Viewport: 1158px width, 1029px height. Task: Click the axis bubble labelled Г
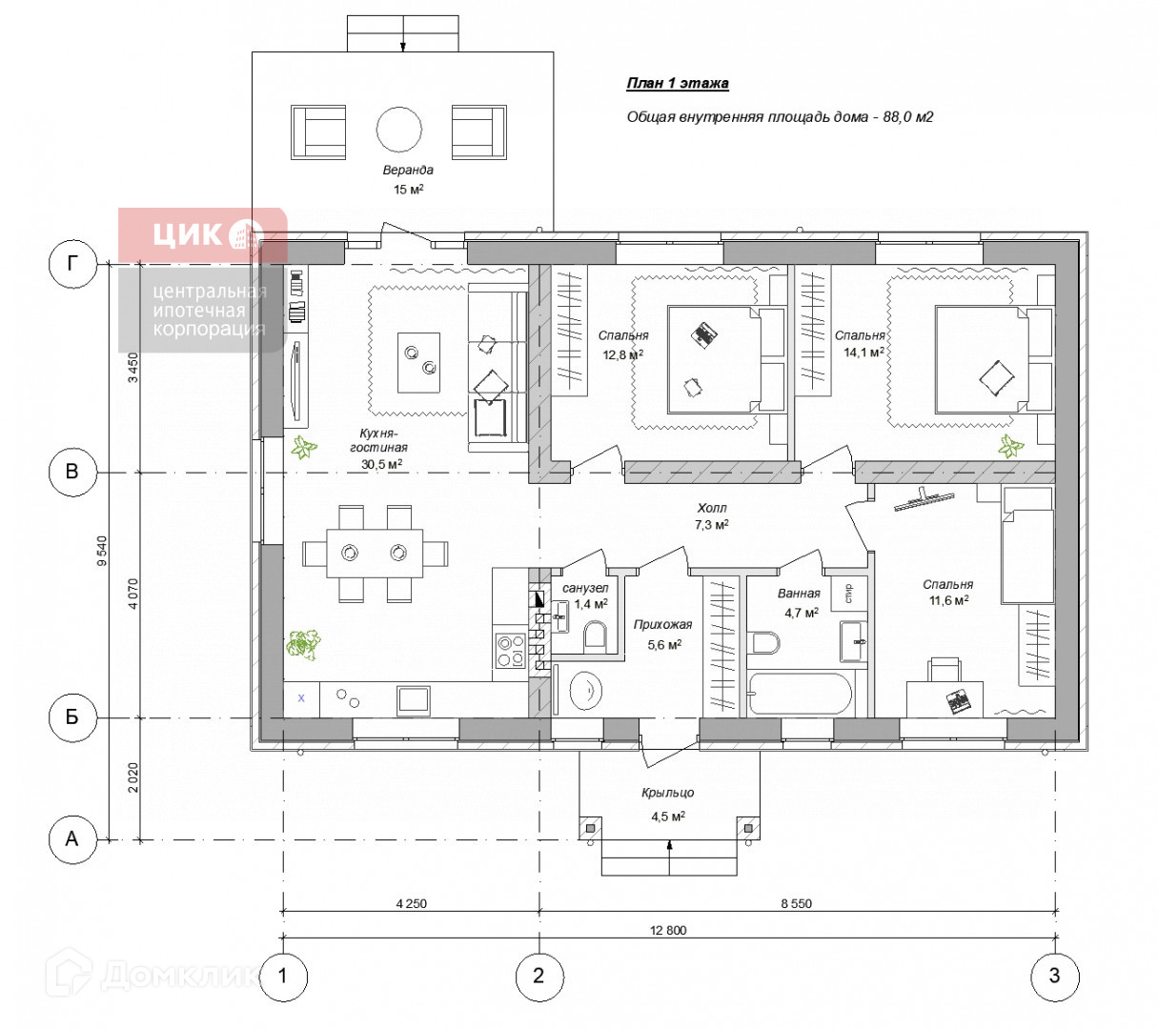[72, 264]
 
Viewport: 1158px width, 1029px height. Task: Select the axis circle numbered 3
[1054, 977]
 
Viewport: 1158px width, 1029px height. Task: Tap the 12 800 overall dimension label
[667, 931]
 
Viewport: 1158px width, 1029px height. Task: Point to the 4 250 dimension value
[412, 904]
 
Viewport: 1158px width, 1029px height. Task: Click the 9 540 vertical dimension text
[102, 551]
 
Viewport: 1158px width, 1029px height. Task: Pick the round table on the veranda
[399, 130]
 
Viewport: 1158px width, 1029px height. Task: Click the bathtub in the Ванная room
[800, 694]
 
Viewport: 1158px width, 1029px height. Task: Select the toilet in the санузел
[595, 637]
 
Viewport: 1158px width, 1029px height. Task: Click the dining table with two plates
[375, 553]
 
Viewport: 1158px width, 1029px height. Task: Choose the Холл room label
[712, 508]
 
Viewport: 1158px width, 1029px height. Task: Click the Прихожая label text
[662, 624]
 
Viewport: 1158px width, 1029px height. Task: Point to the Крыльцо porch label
[667, 793]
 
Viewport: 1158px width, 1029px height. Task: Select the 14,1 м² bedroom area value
[863, 352]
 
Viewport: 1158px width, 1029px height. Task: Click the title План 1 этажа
[678, 84]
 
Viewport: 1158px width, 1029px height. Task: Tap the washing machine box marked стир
[848, 593]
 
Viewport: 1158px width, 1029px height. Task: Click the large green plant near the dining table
[303, 645]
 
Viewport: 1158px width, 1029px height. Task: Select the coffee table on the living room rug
[418, 363]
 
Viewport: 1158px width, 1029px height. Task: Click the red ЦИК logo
[202, 235]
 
